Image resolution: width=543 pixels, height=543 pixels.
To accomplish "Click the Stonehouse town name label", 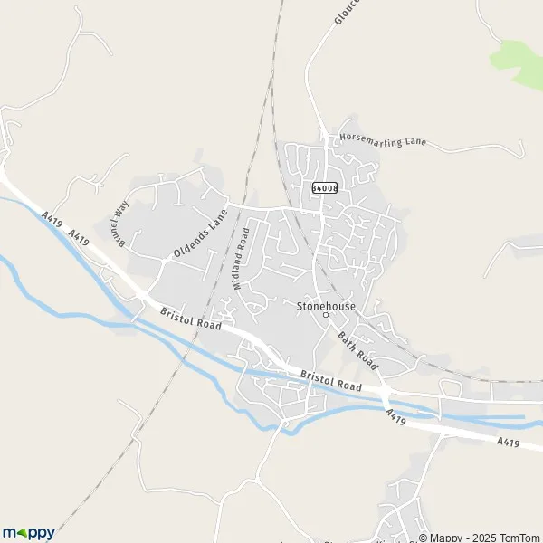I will pyautogui.click(x=326, y=306).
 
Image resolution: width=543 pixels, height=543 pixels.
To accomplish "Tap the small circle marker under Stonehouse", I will pyautogui.click(x=326, y=315).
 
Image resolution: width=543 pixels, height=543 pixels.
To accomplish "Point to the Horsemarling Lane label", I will pyautogui.click(x=382, y=140).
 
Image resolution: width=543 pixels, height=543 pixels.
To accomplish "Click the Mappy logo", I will pyautogui.click(x=28, y=532).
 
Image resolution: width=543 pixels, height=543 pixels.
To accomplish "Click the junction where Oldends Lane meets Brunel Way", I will pyautogui.click(x=163, y=262).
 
